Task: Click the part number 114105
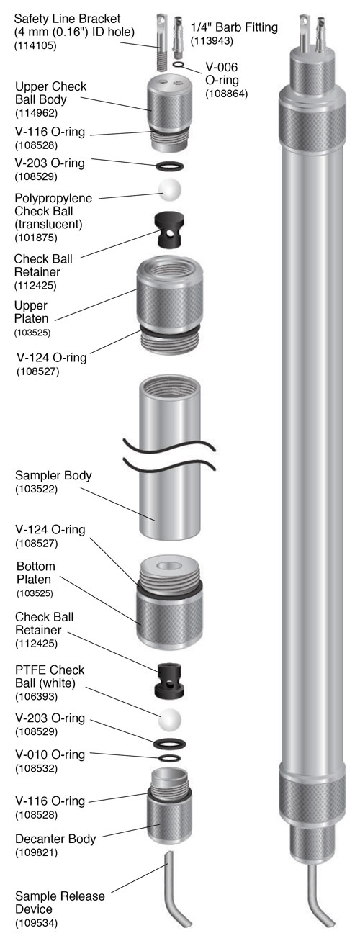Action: click(35, 45)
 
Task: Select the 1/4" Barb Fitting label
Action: click(234, 27)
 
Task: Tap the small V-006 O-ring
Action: click(179, 64)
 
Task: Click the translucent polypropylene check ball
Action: click(169, 189)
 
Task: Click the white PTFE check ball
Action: click(169, 720)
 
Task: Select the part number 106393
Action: click(36, 696)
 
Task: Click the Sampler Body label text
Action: click(53, 475)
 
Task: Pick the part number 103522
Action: click(36, 489)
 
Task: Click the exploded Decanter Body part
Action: click(169, 806)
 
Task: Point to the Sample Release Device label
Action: click(60, 903)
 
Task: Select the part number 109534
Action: click(36, 923)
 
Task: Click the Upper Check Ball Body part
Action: click(169, 114)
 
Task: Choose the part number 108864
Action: click(227, 94)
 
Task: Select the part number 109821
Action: click(36, 852)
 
